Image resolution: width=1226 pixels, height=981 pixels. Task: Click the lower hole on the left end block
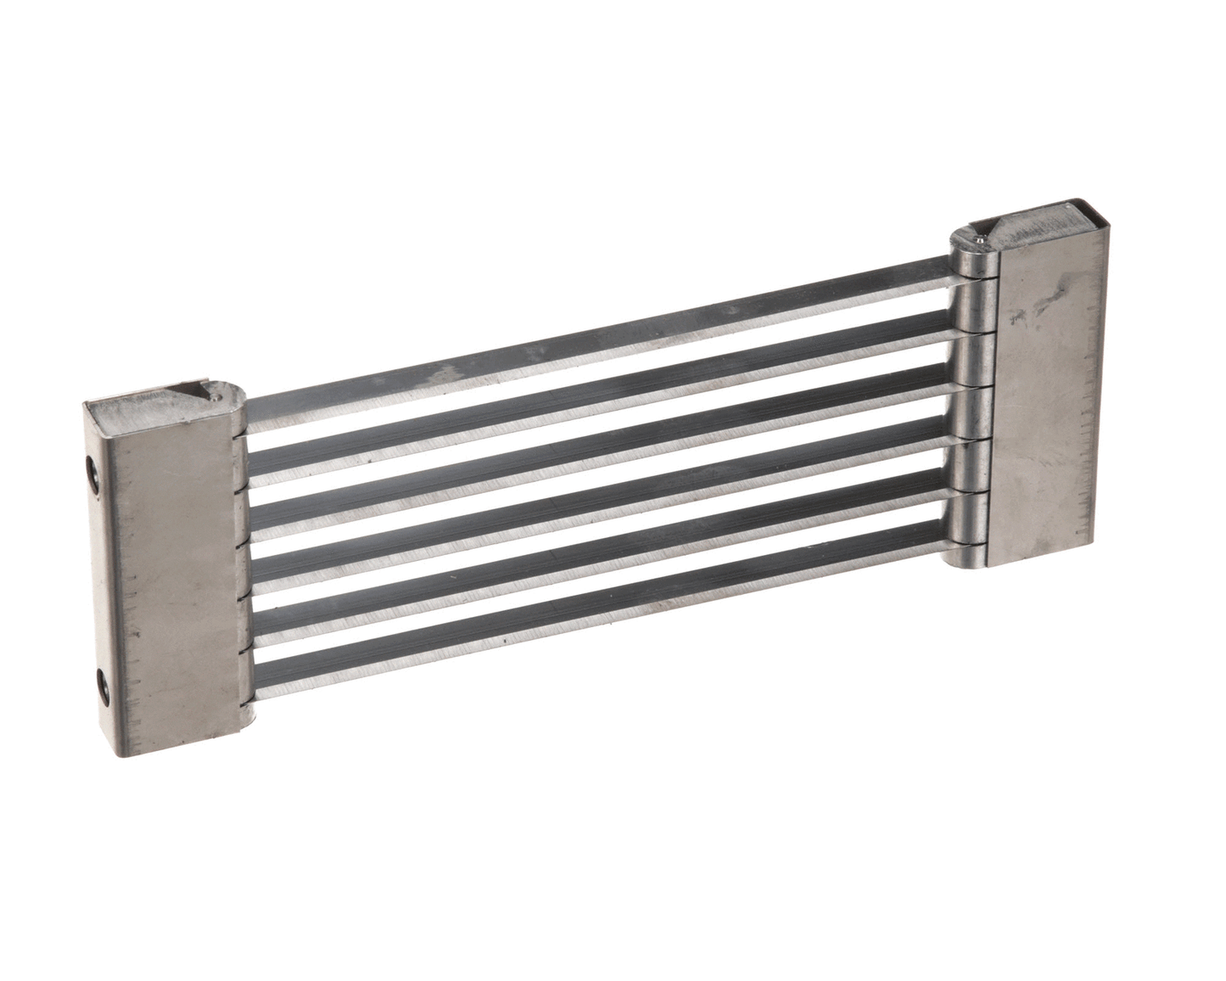point(103,683)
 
